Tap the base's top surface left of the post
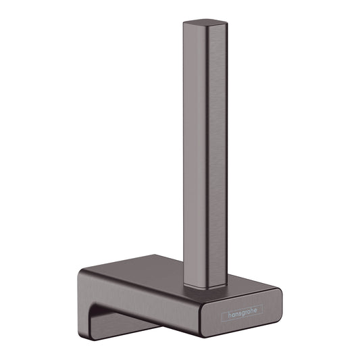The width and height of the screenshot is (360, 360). [x=149, y=267]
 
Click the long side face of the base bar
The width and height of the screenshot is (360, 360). [x=155, y=297]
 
